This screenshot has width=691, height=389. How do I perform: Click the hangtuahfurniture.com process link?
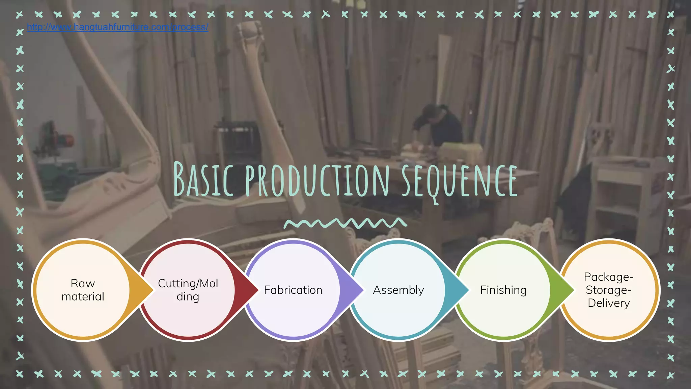[x=117, y=27]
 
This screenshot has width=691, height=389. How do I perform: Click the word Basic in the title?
[x=203, y=180]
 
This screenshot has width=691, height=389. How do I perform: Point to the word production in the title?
[x=317, y=180]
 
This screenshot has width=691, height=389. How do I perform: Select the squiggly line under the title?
[x=345, y=223]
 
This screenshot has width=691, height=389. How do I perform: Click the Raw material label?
[x=83, y=290]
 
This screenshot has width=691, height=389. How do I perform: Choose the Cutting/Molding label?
[x=188, y=290]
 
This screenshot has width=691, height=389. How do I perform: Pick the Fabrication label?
[x=293, y=290]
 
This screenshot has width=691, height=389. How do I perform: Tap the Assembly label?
[x=398, y=290]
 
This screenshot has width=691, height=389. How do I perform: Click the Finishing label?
[x=503, y=290]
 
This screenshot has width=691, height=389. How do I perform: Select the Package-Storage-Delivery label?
[x=609, y=290]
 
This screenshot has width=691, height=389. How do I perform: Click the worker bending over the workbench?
[x=439, y=125]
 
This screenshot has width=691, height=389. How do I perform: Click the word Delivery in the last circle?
[x=609, y=303]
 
